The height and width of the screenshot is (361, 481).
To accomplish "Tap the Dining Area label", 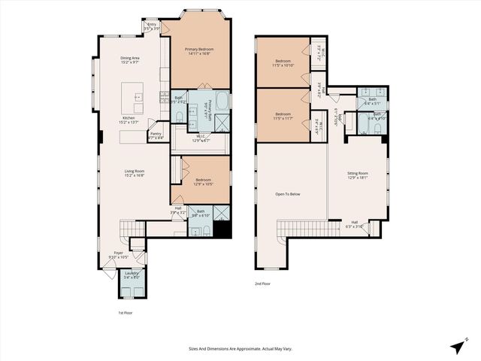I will [131, 59].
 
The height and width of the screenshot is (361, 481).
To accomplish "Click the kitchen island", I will [137, 96].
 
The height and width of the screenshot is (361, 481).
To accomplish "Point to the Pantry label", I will [156, 135].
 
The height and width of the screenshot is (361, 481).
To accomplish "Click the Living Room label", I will [135, 172].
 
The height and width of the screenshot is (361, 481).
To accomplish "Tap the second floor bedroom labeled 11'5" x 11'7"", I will [283, 114].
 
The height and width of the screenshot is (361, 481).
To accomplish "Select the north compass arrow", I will [458, 346].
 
